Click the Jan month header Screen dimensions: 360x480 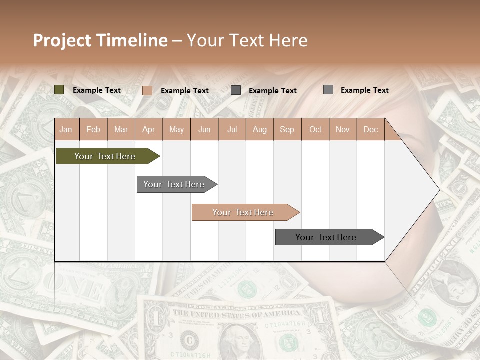(x=66, y=129)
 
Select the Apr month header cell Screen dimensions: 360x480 (x=149, y=129)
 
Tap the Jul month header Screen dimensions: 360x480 (x=232, y=129)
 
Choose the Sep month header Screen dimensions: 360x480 (x=287, y=129)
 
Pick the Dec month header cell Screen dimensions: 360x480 (x=370, y=129)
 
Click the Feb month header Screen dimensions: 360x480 (x=93, y=129)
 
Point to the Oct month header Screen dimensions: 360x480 (x=315, y=129)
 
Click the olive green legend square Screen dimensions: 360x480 (x=59, y=90)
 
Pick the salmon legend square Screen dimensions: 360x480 (x=147, y=90)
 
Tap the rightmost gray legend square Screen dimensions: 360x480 (x=328, y=90)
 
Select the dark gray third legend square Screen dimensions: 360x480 (x=236, y=90)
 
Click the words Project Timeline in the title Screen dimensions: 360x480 (x=100, y=40)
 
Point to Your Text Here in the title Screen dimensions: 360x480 (x=247, y=40)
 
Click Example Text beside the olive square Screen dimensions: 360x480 (x=97, y=90)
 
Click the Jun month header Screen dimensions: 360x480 (x=204, y=129)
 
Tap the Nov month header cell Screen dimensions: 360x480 (x=343, y=129)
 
